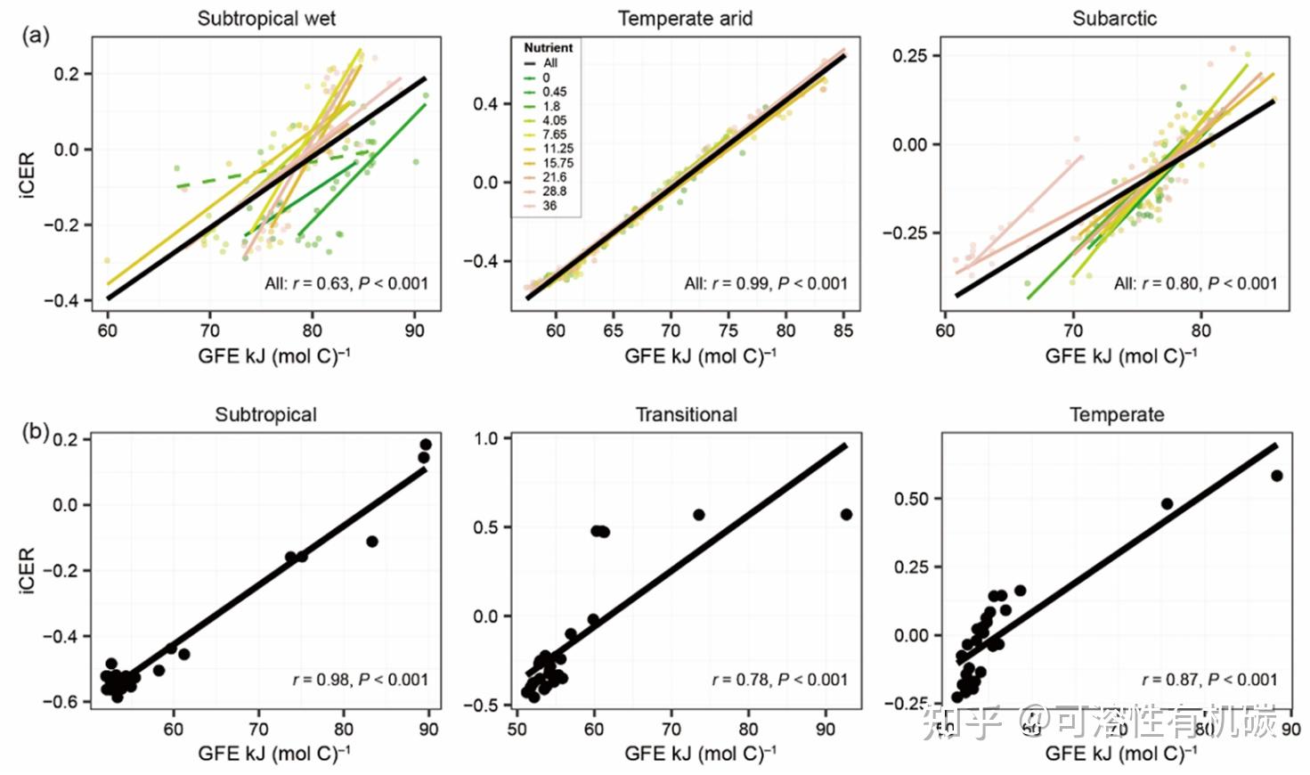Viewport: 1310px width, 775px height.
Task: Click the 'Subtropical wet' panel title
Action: (266, 19)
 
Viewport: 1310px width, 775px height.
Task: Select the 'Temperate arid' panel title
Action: (685, 19)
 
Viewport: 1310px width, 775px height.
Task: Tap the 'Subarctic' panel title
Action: (1114, 19)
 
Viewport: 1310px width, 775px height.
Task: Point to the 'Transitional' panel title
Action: (686, 415)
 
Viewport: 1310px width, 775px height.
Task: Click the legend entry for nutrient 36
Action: (549, 206)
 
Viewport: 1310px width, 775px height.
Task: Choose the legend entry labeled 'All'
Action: (550, 63)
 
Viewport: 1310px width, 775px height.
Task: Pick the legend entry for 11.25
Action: (557, 149)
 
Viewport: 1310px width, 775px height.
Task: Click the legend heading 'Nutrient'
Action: (548, 48)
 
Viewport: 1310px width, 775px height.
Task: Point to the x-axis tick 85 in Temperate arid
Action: (842, 330)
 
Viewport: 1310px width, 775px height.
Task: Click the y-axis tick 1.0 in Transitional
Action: (486, 438)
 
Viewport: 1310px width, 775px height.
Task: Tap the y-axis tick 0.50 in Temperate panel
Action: (911, 499)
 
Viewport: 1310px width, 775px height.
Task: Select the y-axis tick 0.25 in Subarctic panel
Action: (910, 56)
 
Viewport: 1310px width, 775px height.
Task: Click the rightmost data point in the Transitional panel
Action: (846, 515)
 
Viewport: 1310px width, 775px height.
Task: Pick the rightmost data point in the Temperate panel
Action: (1276, 476)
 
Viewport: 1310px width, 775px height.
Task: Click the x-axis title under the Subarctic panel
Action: (1120, 357)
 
